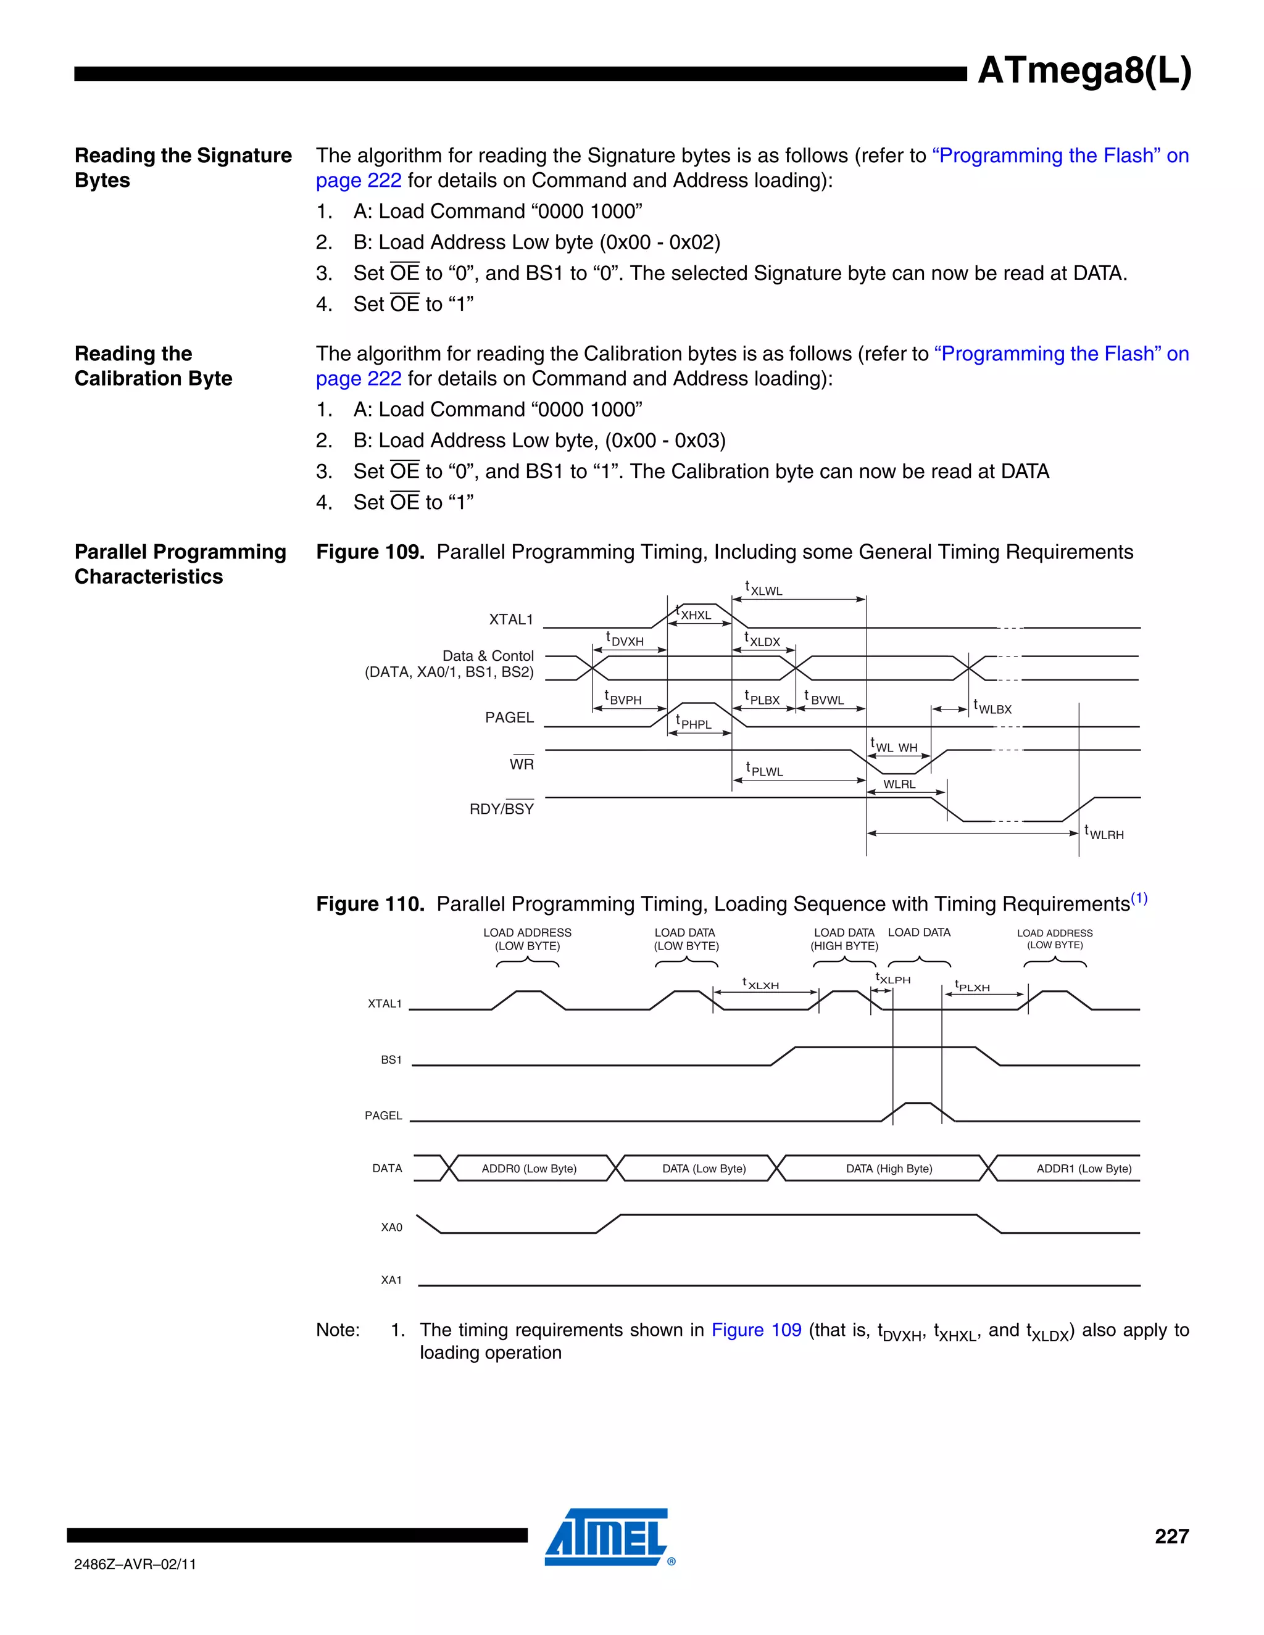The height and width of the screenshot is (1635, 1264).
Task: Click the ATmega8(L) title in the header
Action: (1084, 71)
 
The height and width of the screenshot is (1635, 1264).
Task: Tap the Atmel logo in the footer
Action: (607, 1537)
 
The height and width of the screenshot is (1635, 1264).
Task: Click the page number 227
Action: (1171, 1536)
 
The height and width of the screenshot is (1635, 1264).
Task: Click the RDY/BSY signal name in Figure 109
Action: (501, 808)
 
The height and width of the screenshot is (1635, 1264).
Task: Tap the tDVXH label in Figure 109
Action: (625, 639)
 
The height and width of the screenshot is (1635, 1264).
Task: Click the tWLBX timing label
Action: (992, 708)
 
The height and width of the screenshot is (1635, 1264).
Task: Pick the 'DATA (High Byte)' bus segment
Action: (889, 1169)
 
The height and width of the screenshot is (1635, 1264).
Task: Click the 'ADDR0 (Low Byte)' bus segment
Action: (529, 1169)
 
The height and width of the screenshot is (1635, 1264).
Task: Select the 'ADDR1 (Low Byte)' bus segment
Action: (1084, 1169)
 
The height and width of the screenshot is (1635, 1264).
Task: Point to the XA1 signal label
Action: (391, 1280)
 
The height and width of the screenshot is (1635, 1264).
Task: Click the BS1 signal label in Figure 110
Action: (391, 1059)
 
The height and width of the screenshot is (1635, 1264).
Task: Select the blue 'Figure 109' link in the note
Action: (755, 1330)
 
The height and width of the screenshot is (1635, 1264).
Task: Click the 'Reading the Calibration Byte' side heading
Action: (153, 365)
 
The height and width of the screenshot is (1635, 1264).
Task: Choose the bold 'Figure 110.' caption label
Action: (370, 904)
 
